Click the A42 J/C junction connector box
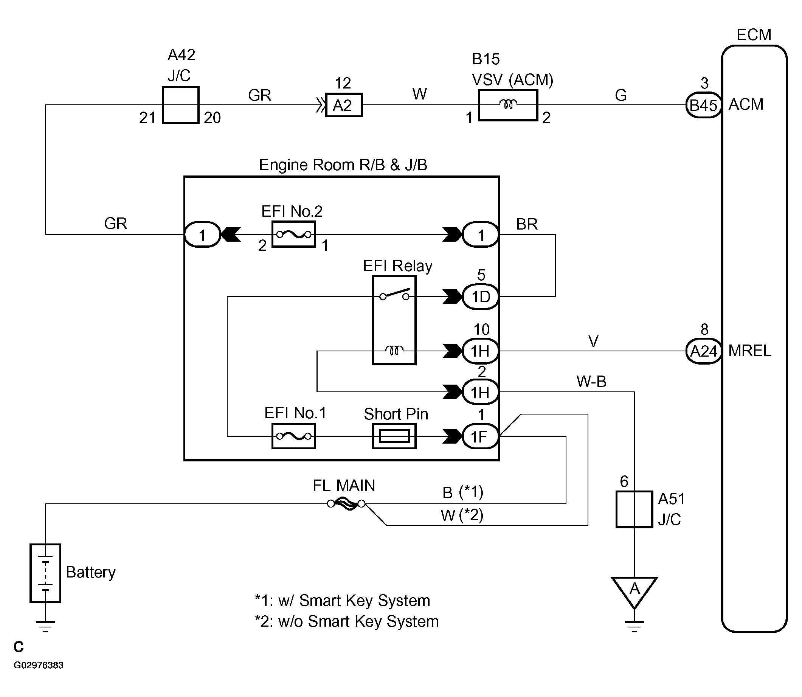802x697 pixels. [180, 105]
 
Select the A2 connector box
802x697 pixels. [343, 105]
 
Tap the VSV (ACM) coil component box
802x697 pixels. [507, 105]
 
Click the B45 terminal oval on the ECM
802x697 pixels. [703, 105]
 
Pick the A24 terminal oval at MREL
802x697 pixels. [703, 351]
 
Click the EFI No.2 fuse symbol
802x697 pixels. [293, 234]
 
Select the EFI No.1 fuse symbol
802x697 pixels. [293, 436]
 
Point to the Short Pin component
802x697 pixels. [394, 436]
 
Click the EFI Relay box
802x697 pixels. [394, 320]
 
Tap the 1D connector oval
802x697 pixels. [480, 297]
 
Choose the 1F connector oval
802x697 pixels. [480, 436]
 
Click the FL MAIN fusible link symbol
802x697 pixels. [346, 504]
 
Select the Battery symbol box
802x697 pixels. [45, 573]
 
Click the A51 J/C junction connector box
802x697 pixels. [634, 509]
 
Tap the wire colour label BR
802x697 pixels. [527, 224]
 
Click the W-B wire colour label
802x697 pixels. [591, 382]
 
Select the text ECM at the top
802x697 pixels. [753, 35]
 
